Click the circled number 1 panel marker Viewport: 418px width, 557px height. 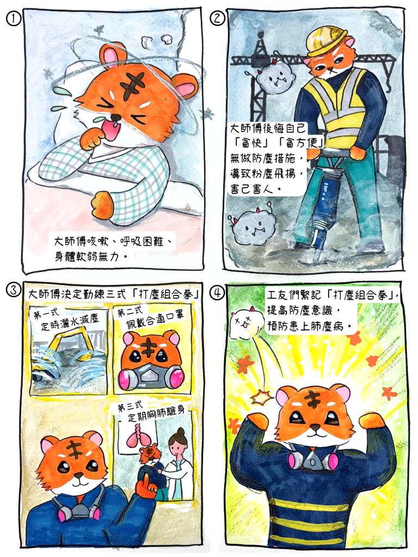coord(13,18)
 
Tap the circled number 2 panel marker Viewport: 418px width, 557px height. coord(217,18)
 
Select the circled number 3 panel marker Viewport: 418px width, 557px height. coord(13,290)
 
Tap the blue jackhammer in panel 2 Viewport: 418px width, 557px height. coord(325,199)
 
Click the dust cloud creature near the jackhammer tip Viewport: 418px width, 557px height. coord(251,227)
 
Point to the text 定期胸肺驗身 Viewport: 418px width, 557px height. coord(156,413)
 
